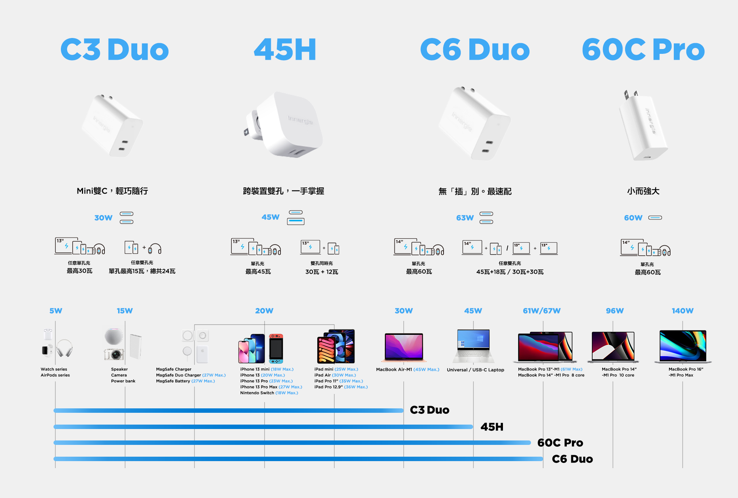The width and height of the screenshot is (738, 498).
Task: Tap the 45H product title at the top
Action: pyautogui.click(x=285, y=49)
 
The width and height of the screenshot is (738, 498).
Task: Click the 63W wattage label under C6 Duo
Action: pyautogui.click(x=465, y=218)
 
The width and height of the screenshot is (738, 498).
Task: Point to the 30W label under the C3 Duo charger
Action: pyautogui.click(x=103, y=218)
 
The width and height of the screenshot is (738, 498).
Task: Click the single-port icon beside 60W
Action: pyautogui.click(x=655, y=218)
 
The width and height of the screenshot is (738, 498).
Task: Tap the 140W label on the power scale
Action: pyautogui.click(x=683, y=311)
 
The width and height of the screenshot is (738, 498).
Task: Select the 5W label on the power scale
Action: pyautogui.click(x=56, y=311)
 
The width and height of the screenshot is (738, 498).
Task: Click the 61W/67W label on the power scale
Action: pyautogui.click(x=542, y=311)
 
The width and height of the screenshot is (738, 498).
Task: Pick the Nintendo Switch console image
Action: pyautogui.click(x=276, y=349)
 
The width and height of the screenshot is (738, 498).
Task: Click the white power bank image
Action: pyautogui.click(x=135, y=346)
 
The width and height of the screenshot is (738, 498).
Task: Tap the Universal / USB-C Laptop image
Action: pyautogui.click(x=473, y=346)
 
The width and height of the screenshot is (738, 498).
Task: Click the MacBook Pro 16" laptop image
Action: pyautogui.click(x=683, y=346)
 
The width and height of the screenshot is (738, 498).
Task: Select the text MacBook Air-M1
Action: pyautogui.click(x=394, y=369)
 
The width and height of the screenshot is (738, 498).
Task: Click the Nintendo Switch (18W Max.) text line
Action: pyautogui.click(x=269, y=393)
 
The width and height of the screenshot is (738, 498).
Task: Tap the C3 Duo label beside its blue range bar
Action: pyautogui.click(x=430, y=410)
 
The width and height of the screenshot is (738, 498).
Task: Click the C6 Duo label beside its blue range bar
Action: pyautogui.click(x=572, y=459)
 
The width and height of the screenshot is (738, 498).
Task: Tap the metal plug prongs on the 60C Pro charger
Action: pyautogui.click(x=630, y=95)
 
